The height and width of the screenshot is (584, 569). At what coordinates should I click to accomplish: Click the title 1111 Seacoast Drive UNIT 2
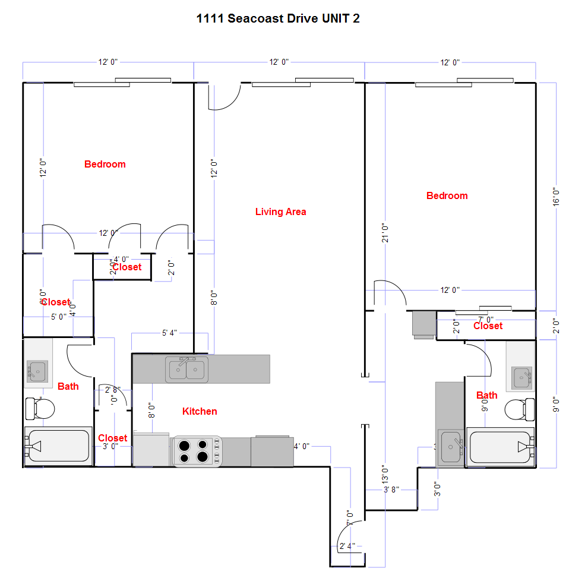click(277, 18)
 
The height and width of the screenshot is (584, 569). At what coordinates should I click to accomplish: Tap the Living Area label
click(280, 211)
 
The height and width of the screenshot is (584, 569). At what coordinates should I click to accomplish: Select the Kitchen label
click(200, 411)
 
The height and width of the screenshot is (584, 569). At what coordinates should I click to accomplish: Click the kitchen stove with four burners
click(197, 451)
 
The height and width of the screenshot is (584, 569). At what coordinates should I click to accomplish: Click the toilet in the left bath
click(40, 408)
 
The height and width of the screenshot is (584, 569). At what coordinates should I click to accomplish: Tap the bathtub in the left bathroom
click(57, 446)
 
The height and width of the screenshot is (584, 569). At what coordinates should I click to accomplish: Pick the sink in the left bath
click(37, 371)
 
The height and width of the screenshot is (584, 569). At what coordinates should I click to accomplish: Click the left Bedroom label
click(105, 164)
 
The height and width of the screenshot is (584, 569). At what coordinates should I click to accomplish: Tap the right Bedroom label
click(447, 195)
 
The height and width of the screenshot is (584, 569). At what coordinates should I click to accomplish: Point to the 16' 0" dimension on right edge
click(556, 197)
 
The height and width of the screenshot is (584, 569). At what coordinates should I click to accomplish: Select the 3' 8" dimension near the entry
click(391, 490)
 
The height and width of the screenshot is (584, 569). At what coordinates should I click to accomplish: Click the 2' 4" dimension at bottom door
click(347, 545)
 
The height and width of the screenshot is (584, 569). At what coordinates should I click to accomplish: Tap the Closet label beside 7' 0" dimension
click(488, 326)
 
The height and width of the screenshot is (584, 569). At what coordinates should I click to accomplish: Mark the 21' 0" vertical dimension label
click(385, 233)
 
